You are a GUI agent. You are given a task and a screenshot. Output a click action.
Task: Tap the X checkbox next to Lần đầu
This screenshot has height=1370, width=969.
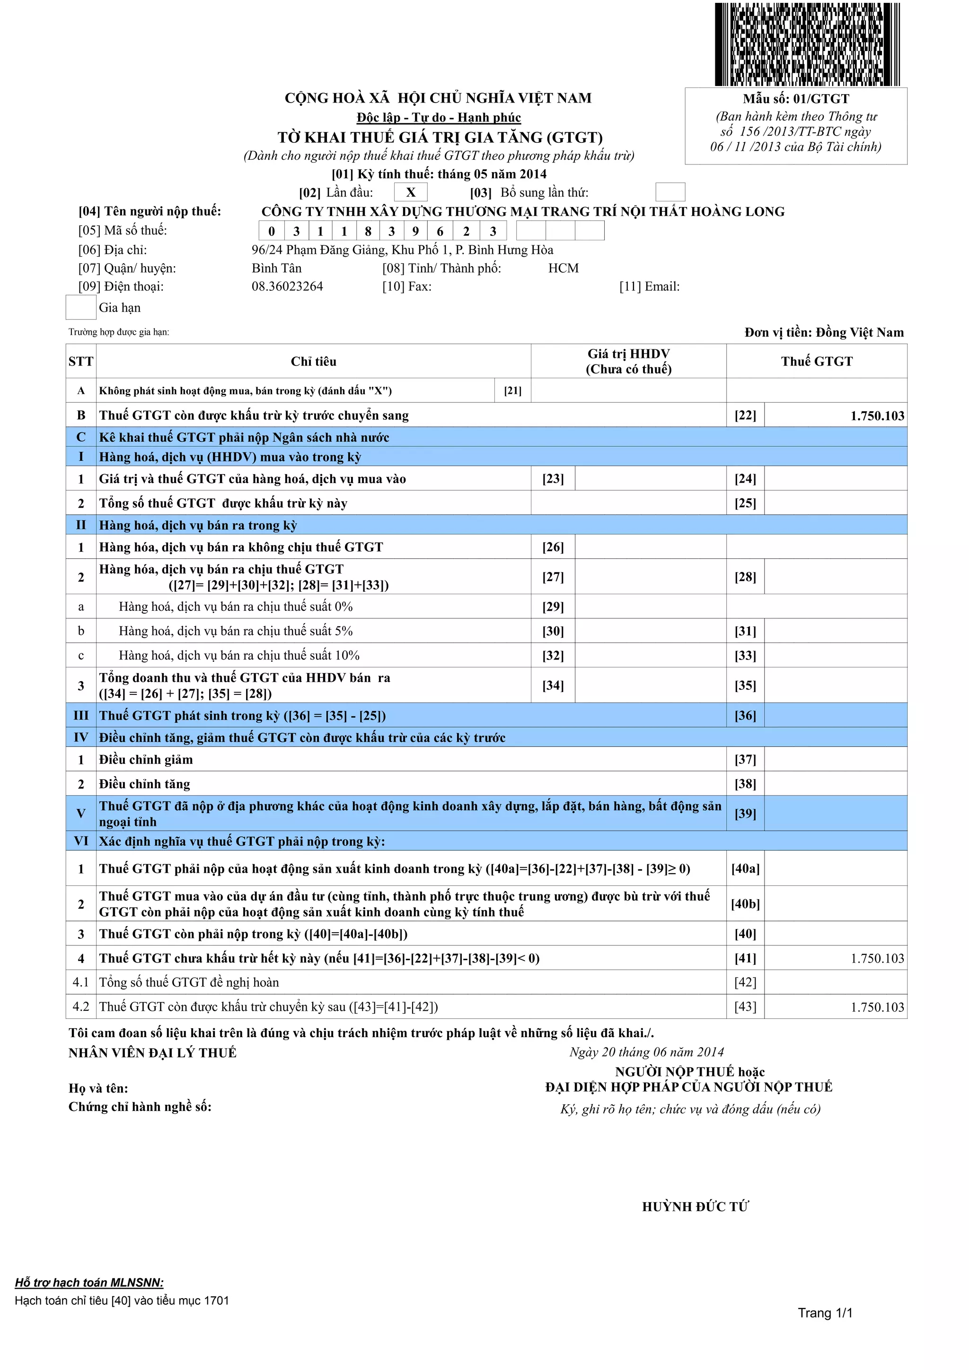click(x=411, y=192)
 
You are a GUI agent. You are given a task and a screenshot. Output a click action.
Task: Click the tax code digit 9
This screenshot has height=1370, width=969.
click(x=415, y=231)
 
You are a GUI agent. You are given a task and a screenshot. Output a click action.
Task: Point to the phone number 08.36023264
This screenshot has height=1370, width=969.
click(x=287, y=286)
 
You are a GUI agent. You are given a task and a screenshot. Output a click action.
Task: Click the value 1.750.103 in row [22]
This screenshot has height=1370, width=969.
click(x=877, y=416)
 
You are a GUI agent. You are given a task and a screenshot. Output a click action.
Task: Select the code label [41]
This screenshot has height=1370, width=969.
click(x=745, y=958)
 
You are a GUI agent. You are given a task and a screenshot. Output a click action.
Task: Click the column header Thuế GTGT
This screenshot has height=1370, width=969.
click(x=816, y=361)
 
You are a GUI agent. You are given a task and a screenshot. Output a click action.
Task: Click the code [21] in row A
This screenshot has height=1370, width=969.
click(x=512, y=391)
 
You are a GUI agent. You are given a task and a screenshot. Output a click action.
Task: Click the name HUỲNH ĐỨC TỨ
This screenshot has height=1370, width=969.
click(x=695, y=1206)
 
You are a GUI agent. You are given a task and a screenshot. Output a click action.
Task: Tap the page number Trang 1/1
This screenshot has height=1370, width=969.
click(x=825, y=1313)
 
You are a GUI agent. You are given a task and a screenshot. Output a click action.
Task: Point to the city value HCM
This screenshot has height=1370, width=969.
click(x=563, y=269)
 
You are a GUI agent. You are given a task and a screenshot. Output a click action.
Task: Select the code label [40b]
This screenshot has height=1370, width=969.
click(x=745, y=904)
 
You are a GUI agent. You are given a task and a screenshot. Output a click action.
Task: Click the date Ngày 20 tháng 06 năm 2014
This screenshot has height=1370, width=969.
click(x=647, y=1052)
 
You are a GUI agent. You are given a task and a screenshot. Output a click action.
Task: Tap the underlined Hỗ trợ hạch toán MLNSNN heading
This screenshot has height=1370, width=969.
click(x=89, y=1282)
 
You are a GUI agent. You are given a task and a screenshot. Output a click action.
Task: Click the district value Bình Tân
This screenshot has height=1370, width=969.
click(x=276, y=269)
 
